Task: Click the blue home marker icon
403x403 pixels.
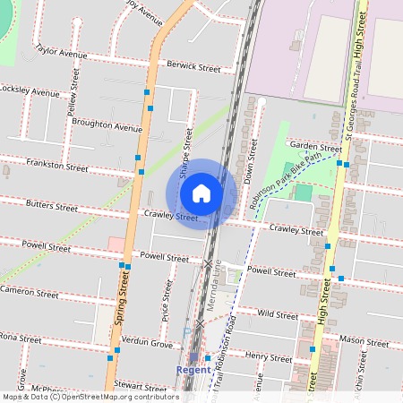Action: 201,193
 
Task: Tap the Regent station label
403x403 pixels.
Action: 193,369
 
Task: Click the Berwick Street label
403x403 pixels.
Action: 193,67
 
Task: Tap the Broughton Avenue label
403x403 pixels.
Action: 107,126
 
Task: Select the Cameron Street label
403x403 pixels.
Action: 30,291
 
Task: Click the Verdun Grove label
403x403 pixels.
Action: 148,343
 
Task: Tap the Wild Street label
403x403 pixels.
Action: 277,314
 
